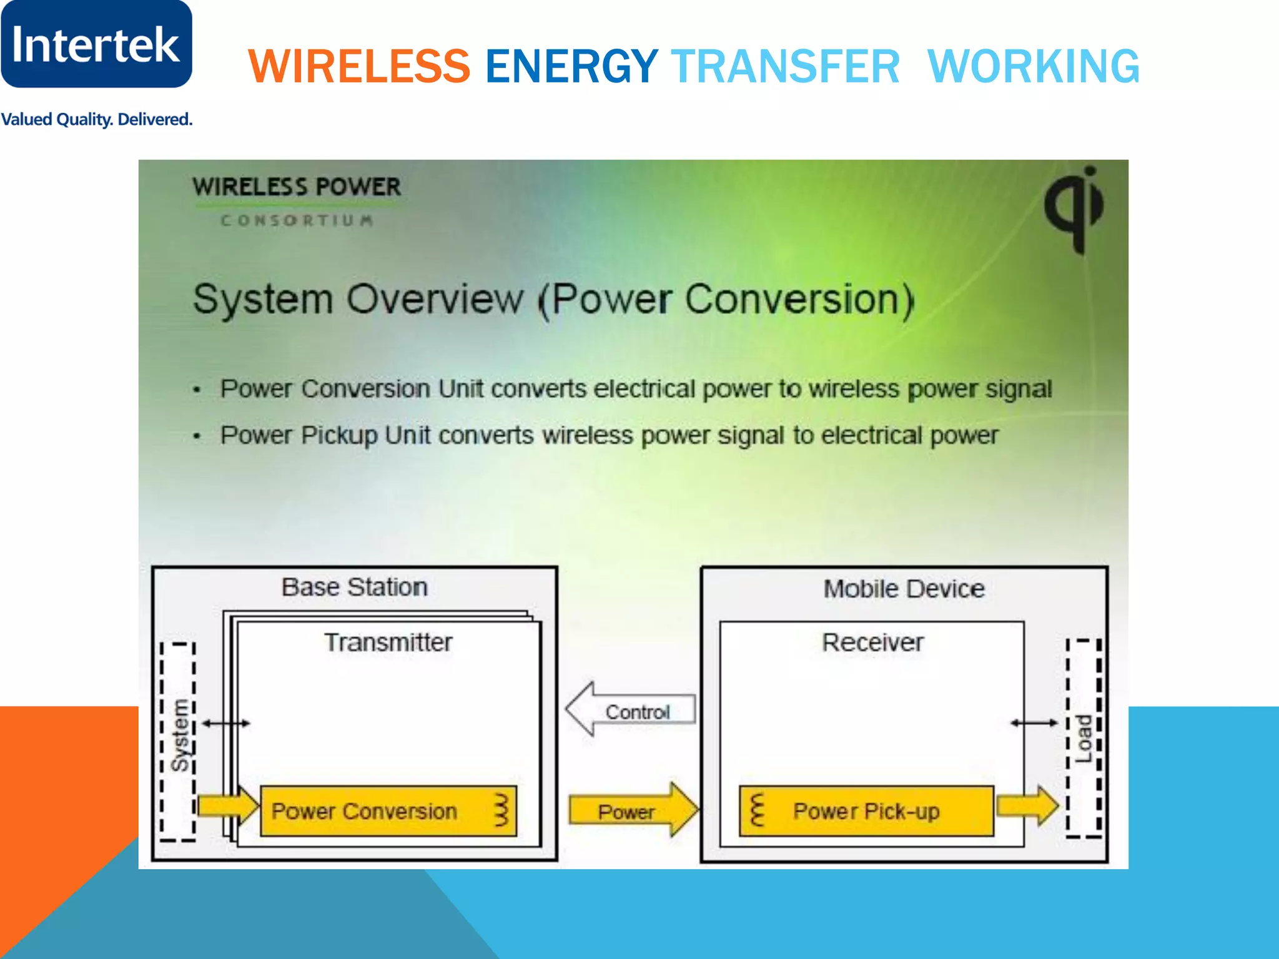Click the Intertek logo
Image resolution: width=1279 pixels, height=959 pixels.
tap(96, 44)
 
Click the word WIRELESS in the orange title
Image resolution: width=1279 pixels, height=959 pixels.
tap(359, 66)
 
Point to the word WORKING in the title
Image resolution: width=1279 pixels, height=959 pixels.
tap(1034, 66)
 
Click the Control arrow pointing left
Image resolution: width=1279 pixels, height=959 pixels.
tap(631, 710)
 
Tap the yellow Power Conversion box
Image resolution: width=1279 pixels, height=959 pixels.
tap(388, 811)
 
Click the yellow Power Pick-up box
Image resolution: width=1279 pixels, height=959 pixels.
tap(866, 811)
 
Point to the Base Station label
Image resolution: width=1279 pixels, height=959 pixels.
tap(354, 588)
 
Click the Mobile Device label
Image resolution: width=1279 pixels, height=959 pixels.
tap(904, 589)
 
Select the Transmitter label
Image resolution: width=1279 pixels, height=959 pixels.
tap(388, 642)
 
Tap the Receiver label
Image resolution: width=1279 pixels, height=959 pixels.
tap(872, 642)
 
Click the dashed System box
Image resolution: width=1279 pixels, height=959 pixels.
tap(178, 741)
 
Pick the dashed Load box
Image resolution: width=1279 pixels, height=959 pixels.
tap(1084, 737)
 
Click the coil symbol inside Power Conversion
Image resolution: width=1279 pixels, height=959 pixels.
tap(501, 810)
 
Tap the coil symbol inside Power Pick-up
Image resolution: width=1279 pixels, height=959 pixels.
tap(757, 810)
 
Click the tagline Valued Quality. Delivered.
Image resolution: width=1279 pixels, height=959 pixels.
tap(97, 119)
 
